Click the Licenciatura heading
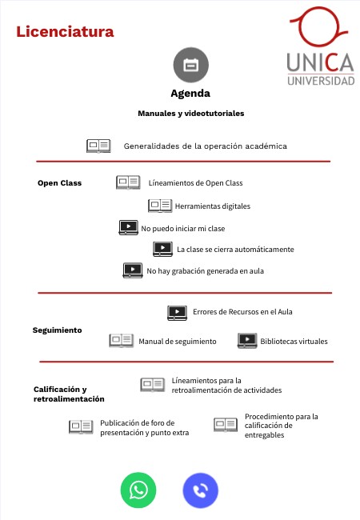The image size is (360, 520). [x=65, y=32]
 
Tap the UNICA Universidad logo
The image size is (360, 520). [x=321, y=48]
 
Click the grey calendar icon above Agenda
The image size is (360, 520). [x=190, y=65]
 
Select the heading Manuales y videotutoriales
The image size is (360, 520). [x=190, y=114]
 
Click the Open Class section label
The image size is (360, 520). [x=59, y=183]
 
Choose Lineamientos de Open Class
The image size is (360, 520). [x=195, y=183]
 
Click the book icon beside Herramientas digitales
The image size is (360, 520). [x=160, y=206]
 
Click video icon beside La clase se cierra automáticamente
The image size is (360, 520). [x=163, y=249]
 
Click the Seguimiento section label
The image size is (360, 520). [x=57, y=330]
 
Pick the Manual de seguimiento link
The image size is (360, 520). [x=178, y=342]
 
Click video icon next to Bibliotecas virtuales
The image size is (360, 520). [x=247, y=341]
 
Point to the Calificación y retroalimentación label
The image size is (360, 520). [x=69, y=394]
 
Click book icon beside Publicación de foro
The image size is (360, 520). [x=81, y=427]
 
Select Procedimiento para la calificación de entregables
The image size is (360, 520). [x=281, y=426]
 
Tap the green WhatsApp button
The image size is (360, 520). [x=138, y=490]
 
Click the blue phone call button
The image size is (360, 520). [x=201, y=490]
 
